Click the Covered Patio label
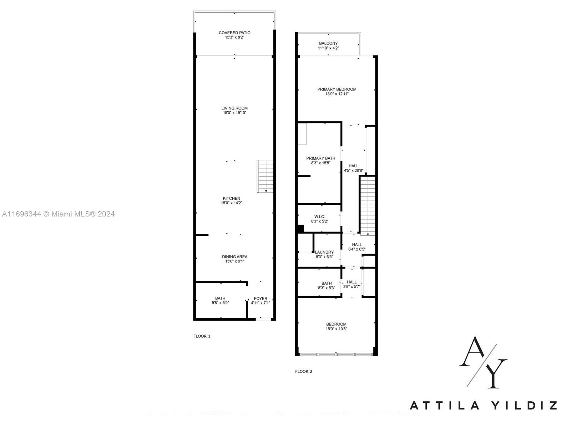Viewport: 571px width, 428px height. click(234, 33)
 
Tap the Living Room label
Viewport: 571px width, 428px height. click(234, 108)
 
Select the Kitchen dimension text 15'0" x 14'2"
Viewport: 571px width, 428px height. click(232, 203)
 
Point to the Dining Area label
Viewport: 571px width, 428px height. click(234, 256)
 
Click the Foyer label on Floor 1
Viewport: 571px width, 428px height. click(261, 299)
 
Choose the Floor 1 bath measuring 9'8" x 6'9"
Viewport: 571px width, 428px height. click(220, 300)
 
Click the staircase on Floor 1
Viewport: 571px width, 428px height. click(265, 177)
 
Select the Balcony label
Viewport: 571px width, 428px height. click(328, 43)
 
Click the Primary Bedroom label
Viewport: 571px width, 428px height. click(337, 89)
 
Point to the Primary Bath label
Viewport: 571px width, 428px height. click(320, 158)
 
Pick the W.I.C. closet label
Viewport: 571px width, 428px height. click(319, 216)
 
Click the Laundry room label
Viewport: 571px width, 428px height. click(324, 252)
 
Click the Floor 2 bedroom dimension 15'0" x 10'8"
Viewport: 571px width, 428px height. click(336, 329)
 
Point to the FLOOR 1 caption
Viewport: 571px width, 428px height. click(202, 336)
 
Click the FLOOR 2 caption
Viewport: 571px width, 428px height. click(304, 371)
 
